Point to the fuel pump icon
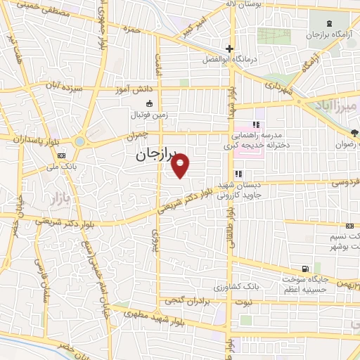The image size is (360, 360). [304, 269]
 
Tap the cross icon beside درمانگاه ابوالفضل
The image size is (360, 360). [229, 49]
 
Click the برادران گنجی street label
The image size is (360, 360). [187, 301]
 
